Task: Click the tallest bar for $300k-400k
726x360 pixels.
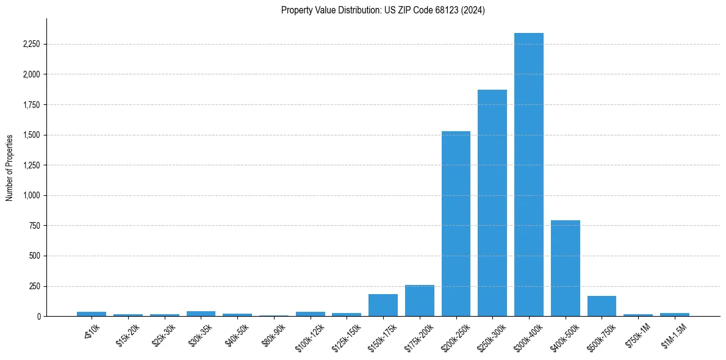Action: pyautogui.click(x=528, y=175)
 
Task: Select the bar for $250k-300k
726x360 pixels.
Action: pyautogui.click(x=492, y=203)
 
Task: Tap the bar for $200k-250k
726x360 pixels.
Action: pyautogui.click(x=456, y=223)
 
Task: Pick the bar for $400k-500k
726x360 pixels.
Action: pyautogui.click(x=565, y=268)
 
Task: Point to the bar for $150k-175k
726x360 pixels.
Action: pyautogui.click(x=383, y=305)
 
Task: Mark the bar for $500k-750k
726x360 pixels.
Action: pyautogui.click(x=602, y=306)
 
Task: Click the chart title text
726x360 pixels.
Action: pyautogui.click(x=383, y=10)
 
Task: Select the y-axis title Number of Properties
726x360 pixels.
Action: pyautogui.click(x=10, y=167)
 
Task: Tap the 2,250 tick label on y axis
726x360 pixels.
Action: pyautogui.click(x=31, y=45)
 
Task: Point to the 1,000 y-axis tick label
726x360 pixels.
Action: pyautogui.click(x=31, y=195)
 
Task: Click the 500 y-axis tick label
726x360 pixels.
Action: pyautogui.click(x=35, y=256)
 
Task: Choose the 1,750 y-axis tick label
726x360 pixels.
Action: pyautogui.click(x=31, y=105)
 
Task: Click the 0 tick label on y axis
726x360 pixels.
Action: pyautogui.click(x=39, y=316)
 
